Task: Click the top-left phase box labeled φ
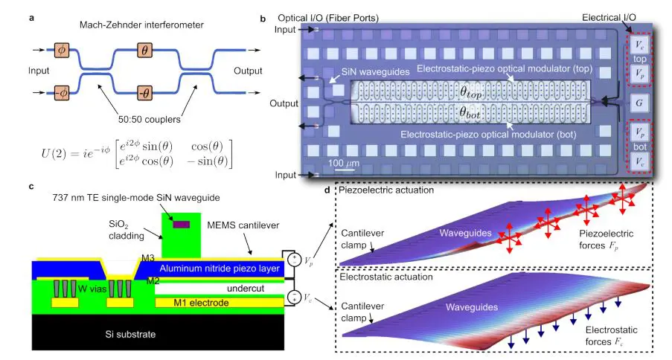coord(60,50)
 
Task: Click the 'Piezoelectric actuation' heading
coord(387,190)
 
